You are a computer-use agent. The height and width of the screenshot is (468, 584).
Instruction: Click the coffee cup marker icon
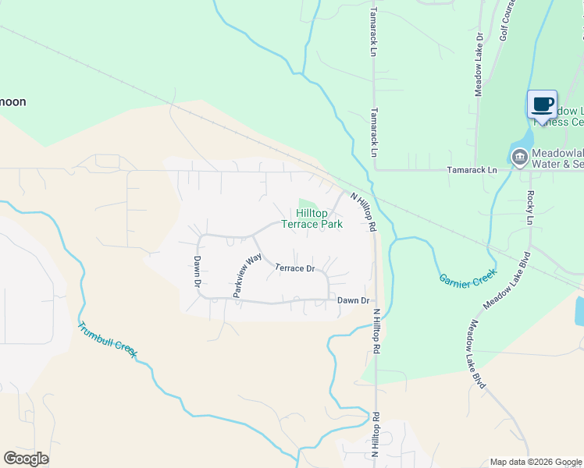(x=543, y=104)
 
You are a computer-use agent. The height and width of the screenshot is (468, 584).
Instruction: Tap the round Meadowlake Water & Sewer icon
(x=518, y=158)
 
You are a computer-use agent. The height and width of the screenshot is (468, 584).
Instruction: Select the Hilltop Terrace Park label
(x=312, y=218)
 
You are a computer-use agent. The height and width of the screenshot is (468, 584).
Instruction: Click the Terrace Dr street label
(x=295, y=268)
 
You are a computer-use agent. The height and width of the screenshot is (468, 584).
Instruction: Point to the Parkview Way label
(x=247, y=275)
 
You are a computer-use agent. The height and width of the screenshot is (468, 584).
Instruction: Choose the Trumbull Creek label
(x=107, y=339)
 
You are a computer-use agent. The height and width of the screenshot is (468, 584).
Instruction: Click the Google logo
(x=27, y=459)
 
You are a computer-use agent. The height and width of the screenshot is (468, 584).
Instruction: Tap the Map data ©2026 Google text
(x=536, y=462)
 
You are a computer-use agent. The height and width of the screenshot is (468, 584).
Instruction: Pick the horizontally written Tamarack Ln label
(x=471, y=169)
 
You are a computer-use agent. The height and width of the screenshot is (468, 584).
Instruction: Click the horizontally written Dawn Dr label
(x=352, y=300)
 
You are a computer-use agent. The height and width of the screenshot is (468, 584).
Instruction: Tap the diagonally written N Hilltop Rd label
(x=363, y=211)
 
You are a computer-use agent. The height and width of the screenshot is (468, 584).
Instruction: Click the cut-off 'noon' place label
(x=13, y=101)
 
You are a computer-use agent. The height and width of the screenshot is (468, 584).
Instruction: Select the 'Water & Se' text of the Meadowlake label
(x=557, y=164)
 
